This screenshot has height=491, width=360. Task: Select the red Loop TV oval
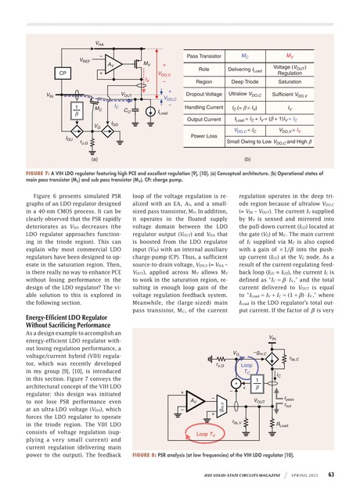[x=207, y=432]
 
